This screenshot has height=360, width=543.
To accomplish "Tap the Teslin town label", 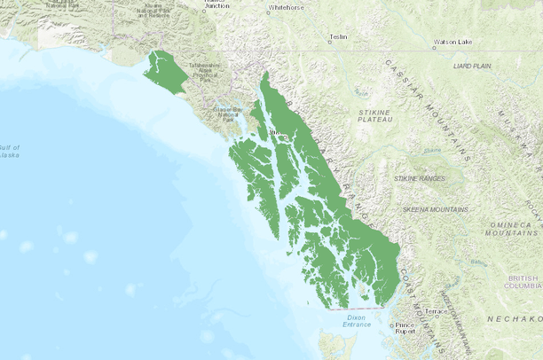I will [338, 37].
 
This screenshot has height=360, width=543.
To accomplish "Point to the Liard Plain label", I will [471, 66].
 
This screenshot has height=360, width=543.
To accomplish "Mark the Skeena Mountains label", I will [436, 209].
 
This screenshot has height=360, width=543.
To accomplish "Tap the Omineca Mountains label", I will [513, 227].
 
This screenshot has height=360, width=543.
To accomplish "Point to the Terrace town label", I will [437, 311].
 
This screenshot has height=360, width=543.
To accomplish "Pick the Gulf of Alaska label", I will [11, 151].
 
